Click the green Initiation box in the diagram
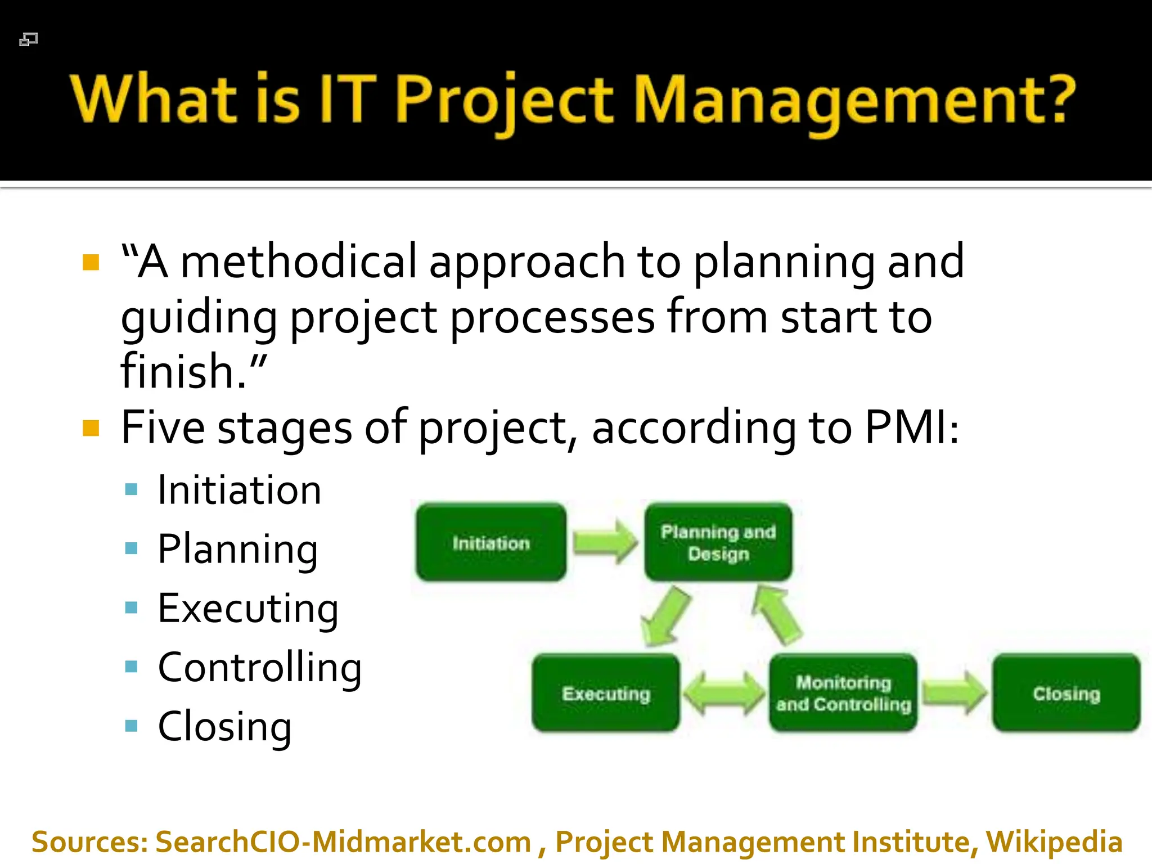coord(491,542)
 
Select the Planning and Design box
coord(718,542)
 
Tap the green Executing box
coord(606,693)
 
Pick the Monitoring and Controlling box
coord(843,693)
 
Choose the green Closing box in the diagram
coord(1066,693)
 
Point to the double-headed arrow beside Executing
coord(724,693)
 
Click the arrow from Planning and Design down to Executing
coord(666,616)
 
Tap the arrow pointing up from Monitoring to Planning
coord(777,614)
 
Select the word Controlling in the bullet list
coord(259,668)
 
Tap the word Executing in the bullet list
coord(247,609)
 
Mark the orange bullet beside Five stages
coord(91,428)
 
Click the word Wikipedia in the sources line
coord(1054,842)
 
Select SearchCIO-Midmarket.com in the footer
coord(343,842)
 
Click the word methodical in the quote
coord(299,262)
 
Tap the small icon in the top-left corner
coord(28,39)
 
